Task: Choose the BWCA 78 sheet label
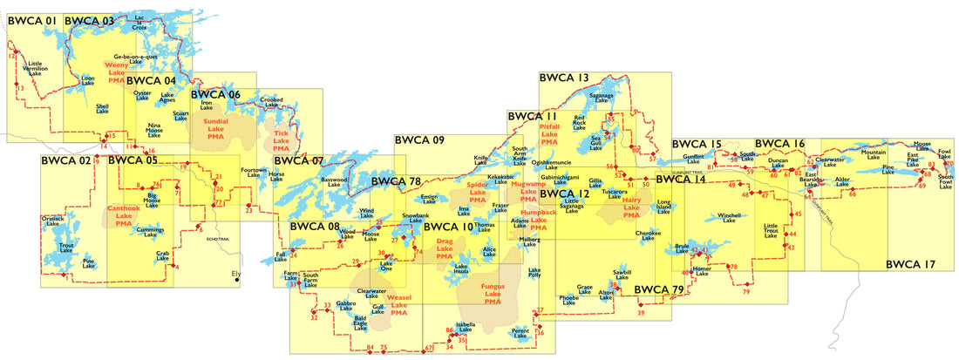(396, 181)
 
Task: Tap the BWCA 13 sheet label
(564, 78)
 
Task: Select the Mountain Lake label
(874, 154)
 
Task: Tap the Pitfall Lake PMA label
(549, 132)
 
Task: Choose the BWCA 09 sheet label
(419, 139)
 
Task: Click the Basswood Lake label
(334, 183)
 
